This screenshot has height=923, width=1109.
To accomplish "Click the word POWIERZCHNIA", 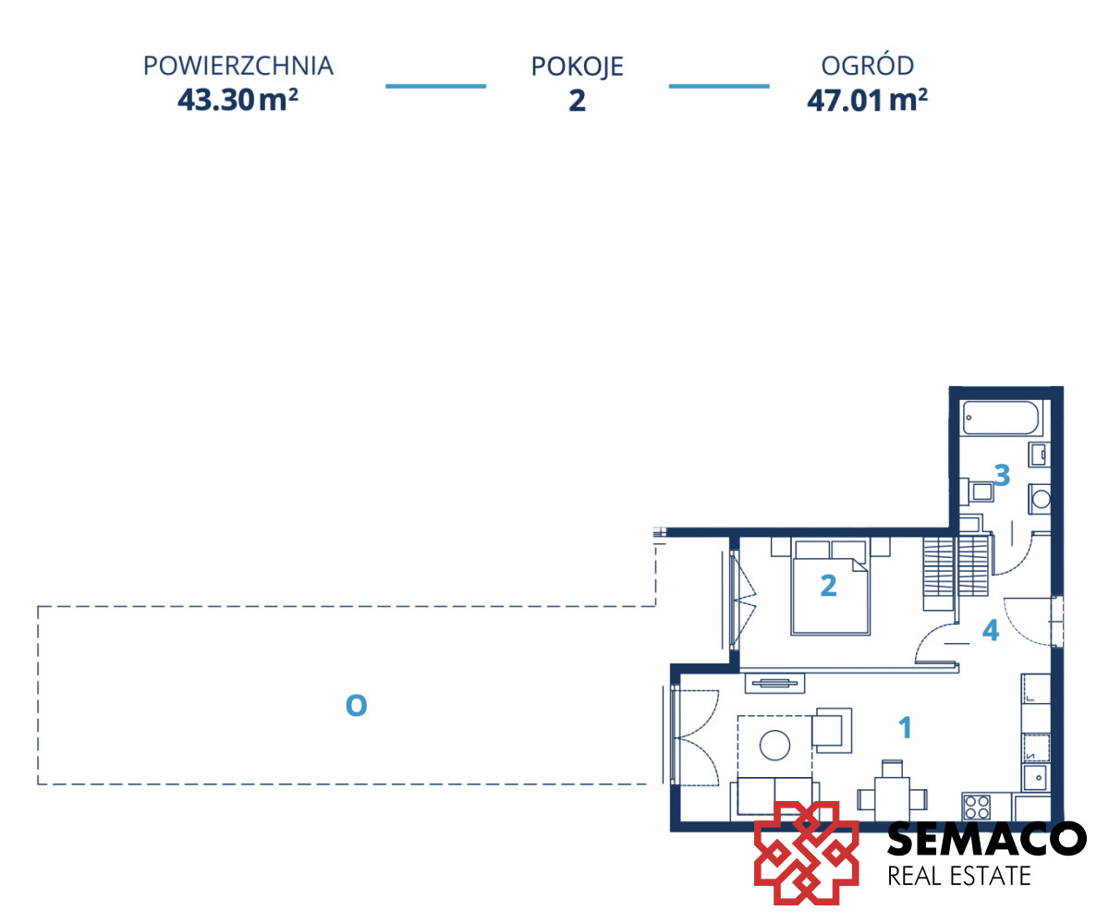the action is tap(238, 66).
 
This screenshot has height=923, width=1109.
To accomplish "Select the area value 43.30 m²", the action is tap(238, 99).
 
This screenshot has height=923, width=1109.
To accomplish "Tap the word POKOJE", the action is tap(577, 67).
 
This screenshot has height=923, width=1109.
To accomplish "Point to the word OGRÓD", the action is tap(867, 65).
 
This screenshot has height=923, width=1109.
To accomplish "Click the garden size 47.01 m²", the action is tap(867, 100).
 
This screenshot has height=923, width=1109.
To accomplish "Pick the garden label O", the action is tap(356, 705).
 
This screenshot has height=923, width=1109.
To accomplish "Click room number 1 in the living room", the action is tap(905, 727).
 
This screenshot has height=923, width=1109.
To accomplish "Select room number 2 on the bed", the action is tap(829, 586).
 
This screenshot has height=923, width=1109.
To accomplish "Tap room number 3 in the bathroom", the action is tap(1002, 475).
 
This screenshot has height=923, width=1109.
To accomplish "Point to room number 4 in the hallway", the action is tap(991, 630).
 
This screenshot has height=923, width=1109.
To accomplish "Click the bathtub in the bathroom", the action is tap(1001, 418).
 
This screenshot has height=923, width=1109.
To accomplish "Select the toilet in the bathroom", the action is tap(1040, 498).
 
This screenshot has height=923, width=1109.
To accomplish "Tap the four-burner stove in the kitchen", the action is tap(977, 808).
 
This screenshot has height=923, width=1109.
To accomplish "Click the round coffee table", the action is tap(774, 745).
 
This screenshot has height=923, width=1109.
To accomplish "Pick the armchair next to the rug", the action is tap(832, 730).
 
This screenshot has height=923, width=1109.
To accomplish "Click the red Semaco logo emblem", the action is tap(806, 853).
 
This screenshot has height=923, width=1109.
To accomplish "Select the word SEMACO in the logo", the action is tap(986, 839).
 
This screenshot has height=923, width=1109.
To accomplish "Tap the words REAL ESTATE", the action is tap(959, 876).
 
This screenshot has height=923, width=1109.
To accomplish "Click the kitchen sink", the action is tap(1035, 778).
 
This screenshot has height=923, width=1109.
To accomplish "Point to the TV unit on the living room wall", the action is tap(774, 683).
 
